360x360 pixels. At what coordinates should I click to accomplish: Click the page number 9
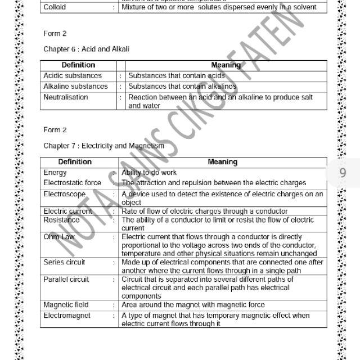point(343,173)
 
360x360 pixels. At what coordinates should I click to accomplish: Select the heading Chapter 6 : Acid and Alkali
point(86,49)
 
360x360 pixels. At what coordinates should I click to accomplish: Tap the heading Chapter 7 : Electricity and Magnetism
point(103,146)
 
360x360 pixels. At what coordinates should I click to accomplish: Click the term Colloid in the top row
point(54,7)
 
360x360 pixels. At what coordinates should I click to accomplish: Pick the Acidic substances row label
point(73,75)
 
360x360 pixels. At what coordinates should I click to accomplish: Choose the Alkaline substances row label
point(75,86)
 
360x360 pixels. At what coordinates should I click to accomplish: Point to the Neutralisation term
point(66,97)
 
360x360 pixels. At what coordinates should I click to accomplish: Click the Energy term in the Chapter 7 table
point(55,173)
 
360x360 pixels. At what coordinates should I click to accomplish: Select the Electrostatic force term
point(73,183)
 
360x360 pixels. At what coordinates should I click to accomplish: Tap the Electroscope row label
point(65,194)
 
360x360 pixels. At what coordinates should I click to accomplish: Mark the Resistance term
point(61,220)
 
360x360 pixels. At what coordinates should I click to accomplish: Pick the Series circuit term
point(64,262)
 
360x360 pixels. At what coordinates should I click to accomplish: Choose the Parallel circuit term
point(66,279)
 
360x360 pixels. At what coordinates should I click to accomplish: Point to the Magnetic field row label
point(66,305)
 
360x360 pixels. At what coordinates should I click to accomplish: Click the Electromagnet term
point(66,316)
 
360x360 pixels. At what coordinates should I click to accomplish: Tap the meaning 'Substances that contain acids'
point(177,75)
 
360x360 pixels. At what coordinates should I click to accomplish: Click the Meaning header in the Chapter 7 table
point(222,162)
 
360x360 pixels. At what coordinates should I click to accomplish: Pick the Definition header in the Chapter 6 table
point(78,65)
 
